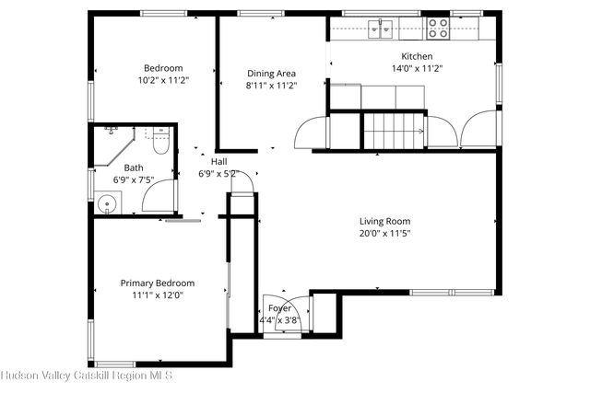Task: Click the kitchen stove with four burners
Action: point(438,28)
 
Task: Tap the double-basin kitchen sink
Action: point(379,28)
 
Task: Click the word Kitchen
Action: point(410,56)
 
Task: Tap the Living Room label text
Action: point(384,221)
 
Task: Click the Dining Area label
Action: point(271,74)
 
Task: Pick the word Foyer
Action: point(279,308)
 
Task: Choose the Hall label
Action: point(219,161)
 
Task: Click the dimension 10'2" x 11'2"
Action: point(163,80)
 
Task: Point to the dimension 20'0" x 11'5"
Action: point(384,233)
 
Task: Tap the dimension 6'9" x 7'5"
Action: point(135,180)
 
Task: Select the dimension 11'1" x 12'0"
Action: point(158,295)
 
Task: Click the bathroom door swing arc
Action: point(159,196)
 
